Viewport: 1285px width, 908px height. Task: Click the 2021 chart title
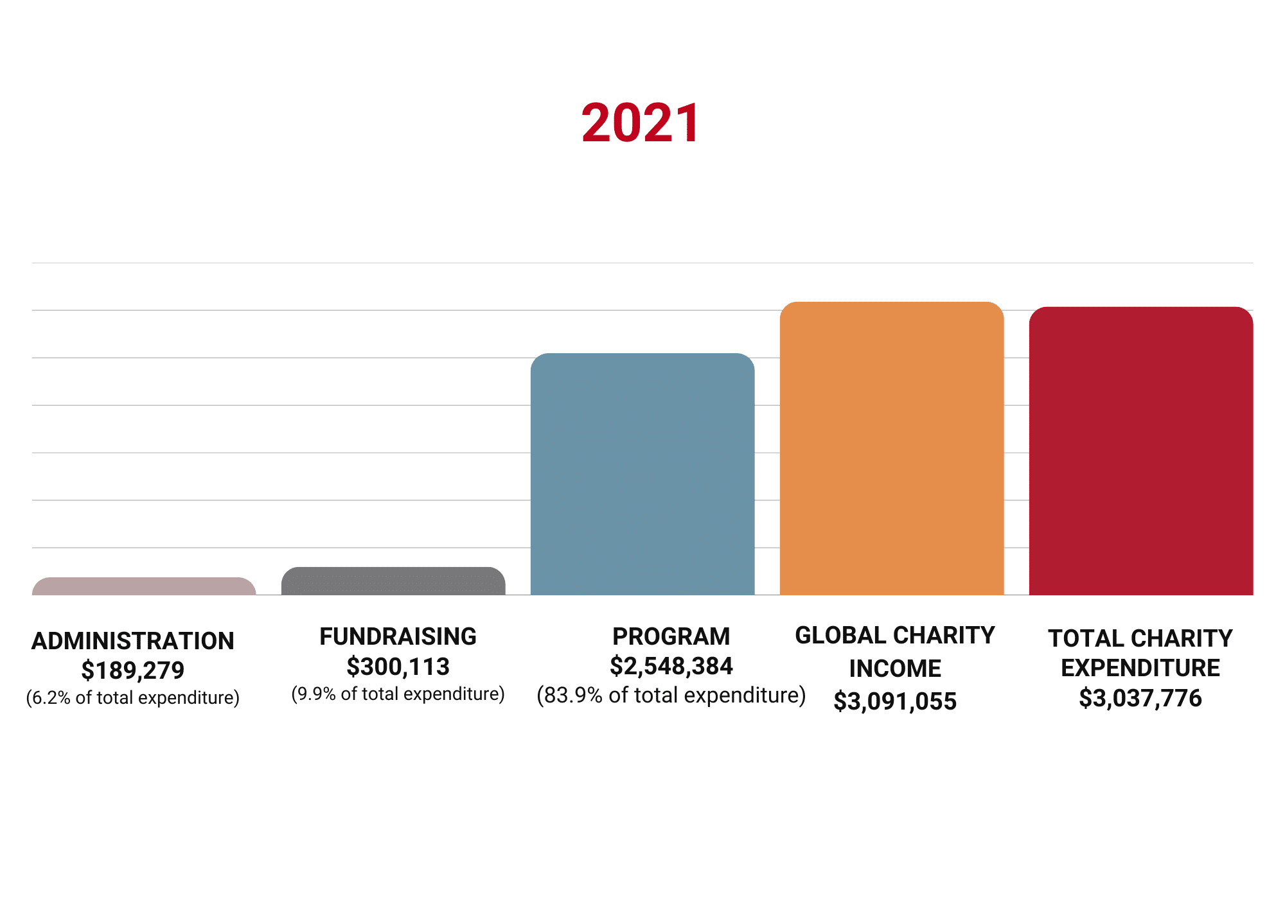[641, 123]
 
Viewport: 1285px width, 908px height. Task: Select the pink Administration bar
[144, 587]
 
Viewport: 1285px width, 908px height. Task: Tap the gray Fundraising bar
[393, 581]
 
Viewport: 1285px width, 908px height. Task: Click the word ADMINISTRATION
[133, 641]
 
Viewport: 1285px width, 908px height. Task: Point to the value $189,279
[133, 670]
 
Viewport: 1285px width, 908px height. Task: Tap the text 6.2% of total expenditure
[133, 698]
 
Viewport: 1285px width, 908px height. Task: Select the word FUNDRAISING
[398, 636]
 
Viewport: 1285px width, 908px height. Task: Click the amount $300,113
[398, 667]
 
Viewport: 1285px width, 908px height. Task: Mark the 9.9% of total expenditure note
[398, 694]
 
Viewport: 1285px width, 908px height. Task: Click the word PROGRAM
[671, 636]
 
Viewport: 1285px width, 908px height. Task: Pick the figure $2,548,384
[671, 666]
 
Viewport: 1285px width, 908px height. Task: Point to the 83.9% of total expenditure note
[671, 695]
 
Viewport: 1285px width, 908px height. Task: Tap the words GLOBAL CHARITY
[895, 635]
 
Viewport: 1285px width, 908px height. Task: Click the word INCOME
[895, 668]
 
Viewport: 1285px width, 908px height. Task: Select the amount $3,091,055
[895, 701]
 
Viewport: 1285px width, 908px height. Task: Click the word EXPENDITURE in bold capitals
[1140, 668]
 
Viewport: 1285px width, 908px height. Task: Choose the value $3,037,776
[1140, 698]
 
